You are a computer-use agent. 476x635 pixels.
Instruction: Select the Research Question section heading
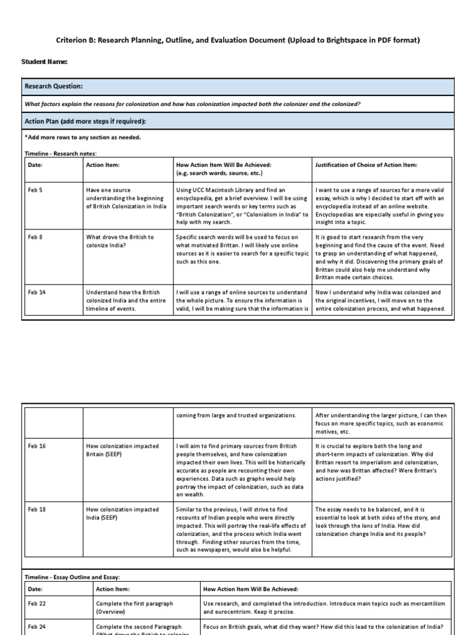(x=53, y=86)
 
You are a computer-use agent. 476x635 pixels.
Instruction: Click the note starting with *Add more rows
(x=82, y=137)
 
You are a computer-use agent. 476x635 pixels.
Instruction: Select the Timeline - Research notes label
(x=61, y=153)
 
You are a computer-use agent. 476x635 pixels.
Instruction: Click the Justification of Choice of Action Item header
(x=366, y=165)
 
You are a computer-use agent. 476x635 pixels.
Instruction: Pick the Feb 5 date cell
(x=36, y=190)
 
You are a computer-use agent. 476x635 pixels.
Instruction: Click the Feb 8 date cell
(x=36, y=238)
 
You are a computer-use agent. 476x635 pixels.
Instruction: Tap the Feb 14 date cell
(x=37, y=292)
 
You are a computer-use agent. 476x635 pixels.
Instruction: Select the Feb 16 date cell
(x=37, y=446)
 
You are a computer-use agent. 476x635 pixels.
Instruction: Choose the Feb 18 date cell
(x=37, y=508)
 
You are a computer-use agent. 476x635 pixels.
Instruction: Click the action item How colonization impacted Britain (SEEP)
(x=121, y=450)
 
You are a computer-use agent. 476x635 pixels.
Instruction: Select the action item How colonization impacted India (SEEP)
(x=121, y=513)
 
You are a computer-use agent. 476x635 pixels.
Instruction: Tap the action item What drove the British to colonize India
(x=120, y=241)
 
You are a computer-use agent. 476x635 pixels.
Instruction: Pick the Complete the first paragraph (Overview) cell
(x=134, y=607)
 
